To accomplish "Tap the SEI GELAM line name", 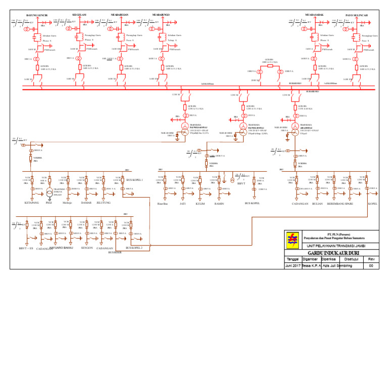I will pos(79,15).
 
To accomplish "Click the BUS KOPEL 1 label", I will pos(134,179).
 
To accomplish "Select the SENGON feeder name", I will pos(87,248).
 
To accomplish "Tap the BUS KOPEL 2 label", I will pos(134,248).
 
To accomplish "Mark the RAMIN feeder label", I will pos(219,203).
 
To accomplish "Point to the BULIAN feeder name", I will pos(318,204).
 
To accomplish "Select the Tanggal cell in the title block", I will pos(293,259).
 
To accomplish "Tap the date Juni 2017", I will pos(293,266).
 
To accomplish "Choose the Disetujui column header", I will pos(351,259).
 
